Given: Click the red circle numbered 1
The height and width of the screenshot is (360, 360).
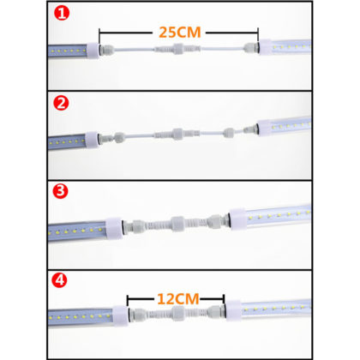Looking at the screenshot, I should tap(60, 14).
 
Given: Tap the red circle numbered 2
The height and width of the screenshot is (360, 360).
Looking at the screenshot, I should tap(60, 104).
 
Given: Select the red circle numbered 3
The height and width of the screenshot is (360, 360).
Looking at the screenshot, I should tap(60, 191).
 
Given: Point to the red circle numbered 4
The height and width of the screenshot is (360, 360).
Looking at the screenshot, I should tap(60, 279).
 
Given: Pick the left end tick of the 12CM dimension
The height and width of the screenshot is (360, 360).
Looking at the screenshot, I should tap(128, 302).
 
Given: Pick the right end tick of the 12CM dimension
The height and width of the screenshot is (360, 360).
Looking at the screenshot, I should tap(224, 302).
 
